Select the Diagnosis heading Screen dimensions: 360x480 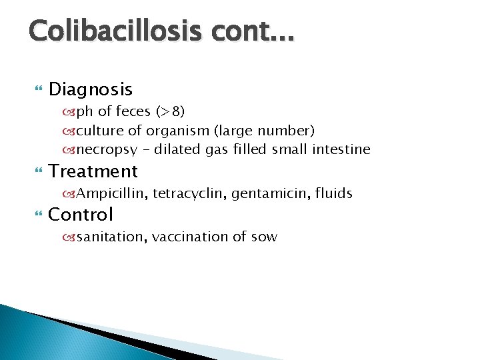(91, 89)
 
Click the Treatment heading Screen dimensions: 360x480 (93, 171)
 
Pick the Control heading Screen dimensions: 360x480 (81, 215)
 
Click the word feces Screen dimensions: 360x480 (133, 111)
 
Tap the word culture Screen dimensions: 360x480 (102, 130)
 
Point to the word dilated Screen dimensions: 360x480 (178, 149)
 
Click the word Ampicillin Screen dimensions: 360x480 (111, 194)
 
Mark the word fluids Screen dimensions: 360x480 (333, 193)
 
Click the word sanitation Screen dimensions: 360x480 (109, 237)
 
